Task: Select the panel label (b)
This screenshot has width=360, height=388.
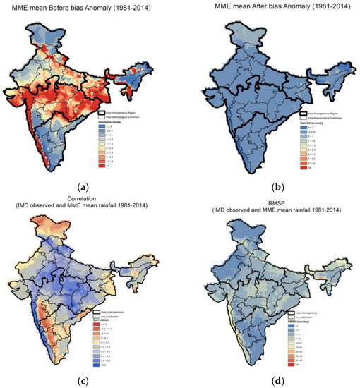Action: [271, 187]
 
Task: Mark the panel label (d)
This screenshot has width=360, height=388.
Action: [271, 381]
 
